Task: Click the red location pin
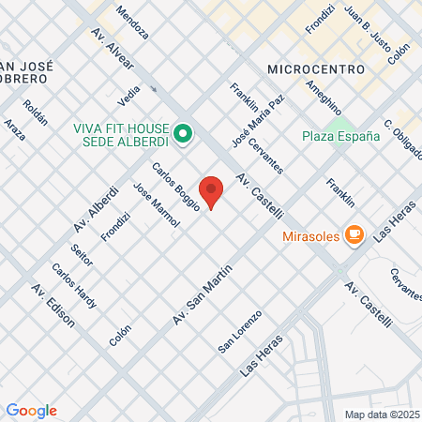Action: (x=212, y=191)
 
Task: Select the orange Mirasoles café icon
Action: (x=354, y=234)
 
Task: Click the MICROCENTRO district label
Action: (x=309, y=69)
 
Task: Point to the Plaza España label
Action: (x=340, y=135)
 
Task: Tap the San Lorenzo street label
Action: (x=237, y=334)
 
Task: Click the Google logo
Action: (x=31, y=411)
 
